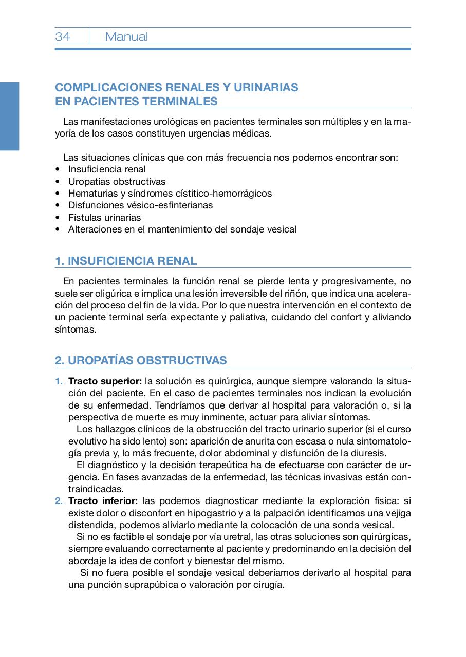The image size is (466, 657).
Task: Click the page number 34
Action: pyautogui.click(x=63, y=36)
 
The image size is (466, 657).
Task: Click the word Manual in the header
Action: pyautogui.click(x=126, y=36)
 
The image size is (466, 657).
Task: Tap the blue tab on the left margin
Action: pyautogui.click(x=9, y=116)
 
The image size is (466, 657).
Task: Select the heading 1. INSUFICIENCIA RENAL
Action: pyautogui.click(x=126, y=261)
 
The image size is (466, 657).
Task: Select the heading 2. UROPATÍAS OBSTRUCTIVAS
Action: pyautogui.click(x=141, y=360)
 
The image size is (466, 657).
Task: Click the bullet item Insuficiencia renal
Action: pyautogui.click(x=107, y=169)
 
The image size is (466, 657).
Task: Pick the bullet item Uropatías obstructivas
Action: pyautogui.click(x=117, y=181)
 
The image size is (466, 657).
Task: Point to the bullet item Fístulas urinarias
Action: pyautogui.click(x=104, y=217)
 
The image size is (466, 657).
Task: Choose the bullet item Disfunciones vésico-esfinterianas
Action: pyautogui.click(x=140, y=205)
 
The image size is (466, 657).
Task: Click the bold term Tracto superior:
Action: pyautogui.click(x=105, y=381)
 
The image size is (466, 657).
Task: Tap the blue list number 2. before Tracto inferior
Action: pyautogui.click(x=59, y=501)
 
